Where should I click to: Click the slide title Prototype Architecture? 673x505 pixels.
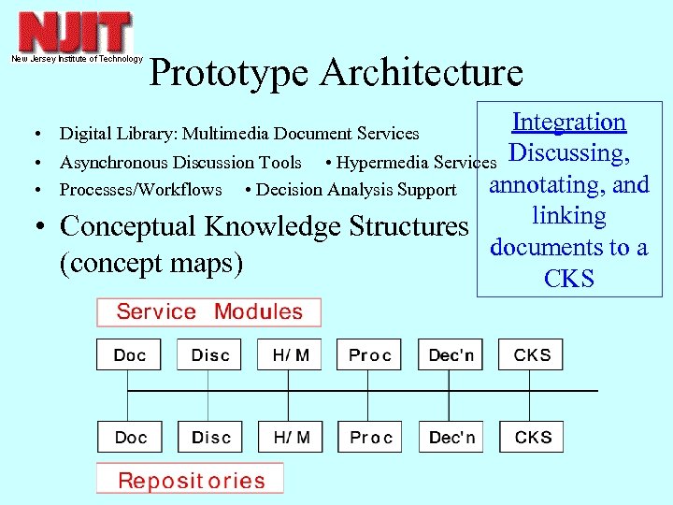[336, 73]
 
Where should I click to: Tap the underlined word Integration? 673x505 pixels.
[568, 122]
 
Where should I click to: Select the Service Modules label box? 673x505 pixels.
[208, 312]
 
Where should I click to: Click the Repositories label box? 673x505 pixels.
[191, 481]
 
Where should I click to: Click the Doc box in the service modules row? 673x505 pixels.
[129, 355]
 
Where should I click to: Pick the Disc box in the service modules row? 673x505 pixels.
[209, 355]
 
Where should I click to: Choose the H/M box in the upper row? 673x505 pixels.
[290, 355]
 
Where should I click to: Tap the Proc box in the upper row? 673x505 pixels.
[370, 355]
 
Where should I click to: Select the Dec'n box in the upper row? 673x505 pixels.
[451, 355]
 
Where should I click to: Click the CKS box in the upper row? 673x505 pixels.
[532, 355]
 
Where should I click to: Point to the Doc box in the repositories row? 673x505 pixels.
[129, 438]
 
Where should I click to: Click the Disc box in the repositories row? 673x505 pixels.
[209, 438]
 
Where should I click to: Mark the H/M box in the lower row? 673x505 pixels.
[290, 438]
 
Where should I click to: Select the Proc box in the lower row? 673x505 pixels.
[370, 438]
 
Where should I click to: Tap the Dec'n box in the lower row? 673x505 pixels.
[451, 438]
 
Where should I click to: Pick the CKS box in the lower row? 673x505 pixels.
[532, 438]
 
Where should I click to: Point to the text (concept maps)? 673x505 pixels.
[150, 264]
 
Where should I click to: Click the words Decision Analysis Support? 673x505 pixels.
[356, 190]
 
